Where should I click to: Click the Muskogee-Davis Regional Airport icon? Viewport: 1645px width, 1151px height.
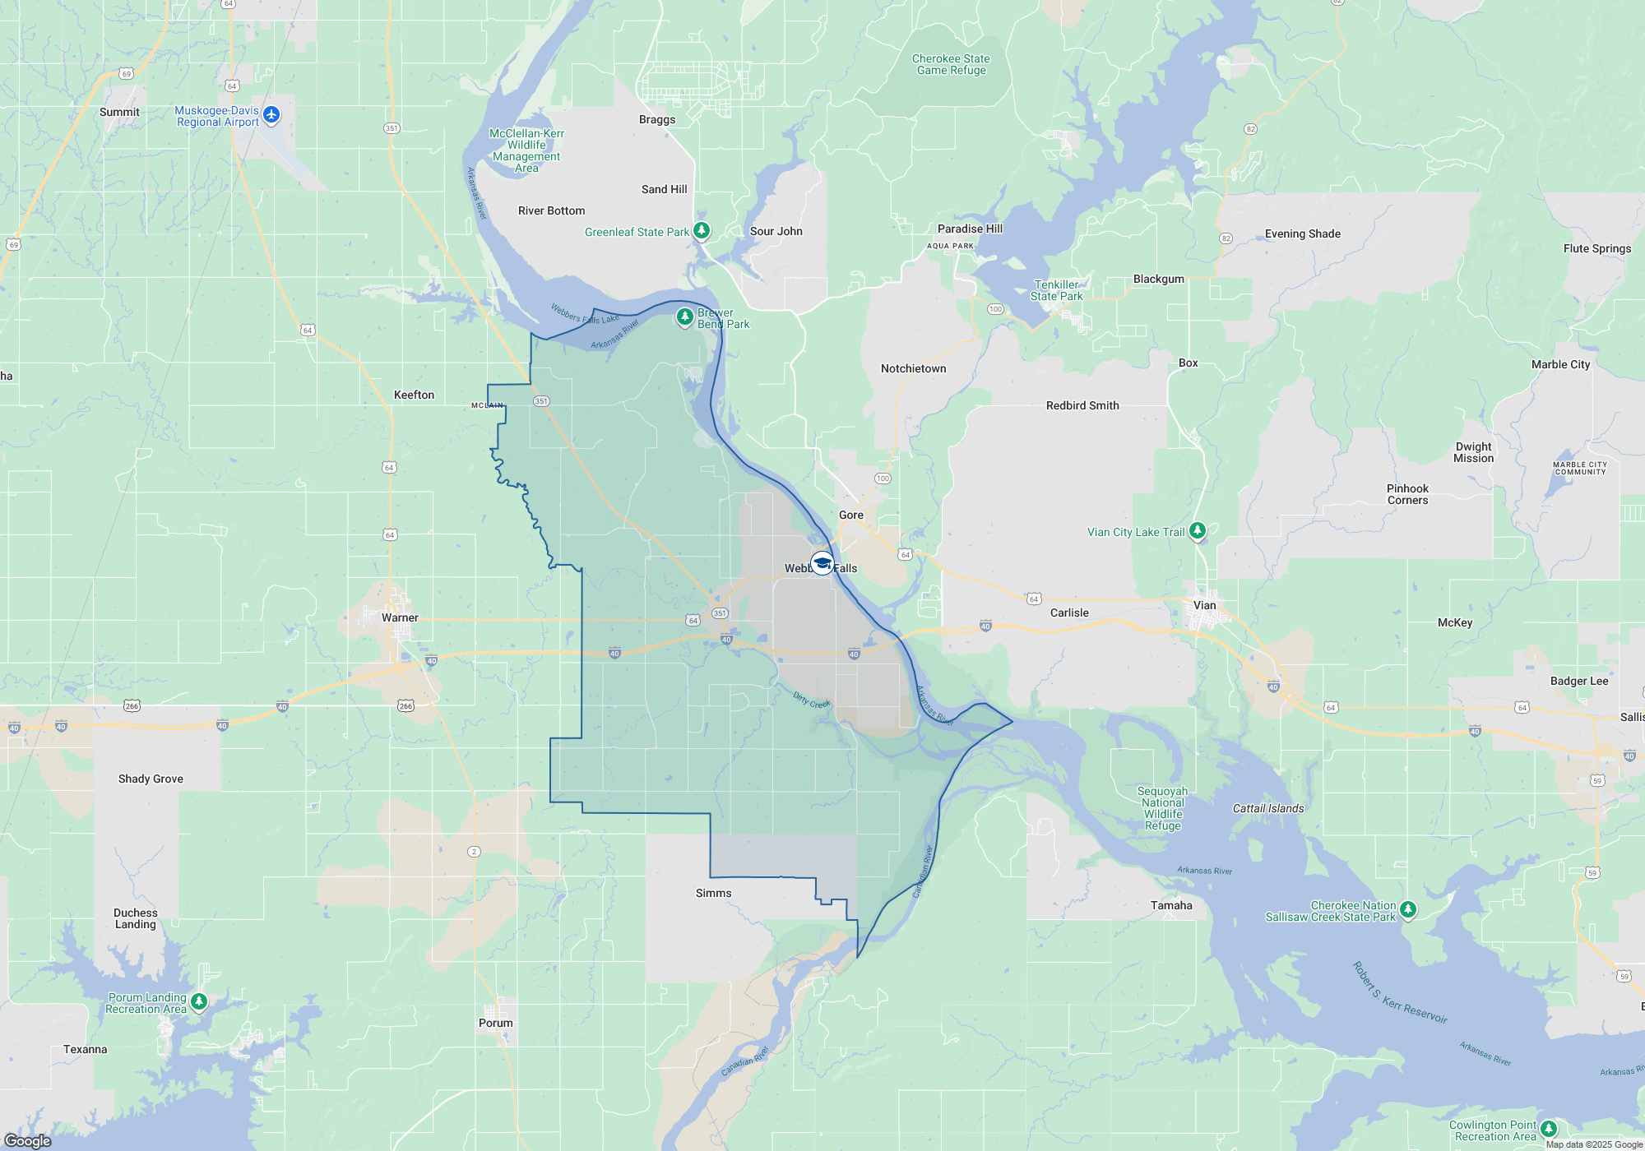click(271, 114)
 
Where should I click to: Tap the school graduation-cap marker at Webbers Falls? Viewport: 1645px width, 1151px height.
click(822, 563)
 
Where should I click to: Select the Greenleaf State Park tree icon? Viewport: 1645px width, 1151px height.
click(702, 230)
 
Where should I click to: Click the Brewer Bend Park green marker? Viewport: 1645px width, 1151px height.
click(684, 317)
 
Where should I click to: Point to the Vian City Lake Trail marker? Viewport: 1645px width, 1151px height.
click(1198, 530)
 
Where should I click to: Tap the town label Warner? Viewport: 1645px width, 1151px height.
click(400, 617)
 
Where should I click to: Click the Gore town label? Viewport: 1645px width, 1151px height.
click(851, 515)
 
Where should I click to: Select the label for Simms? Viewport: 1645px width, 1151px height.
click(713, 893)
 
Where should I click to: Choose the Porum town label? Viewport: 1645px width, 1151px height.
click(495, 1023)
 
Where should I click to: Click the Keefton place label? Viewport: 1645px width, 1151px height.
click(414, 395)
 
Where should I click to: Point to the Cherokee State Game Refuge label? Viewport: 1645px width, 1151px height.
click(951, 64)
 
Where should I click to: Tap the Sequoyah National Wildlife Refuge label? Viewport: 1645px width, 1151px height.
click(1162, 808)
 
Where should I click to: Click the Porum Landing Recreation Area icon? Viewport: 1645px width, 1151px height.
click(198, 1001)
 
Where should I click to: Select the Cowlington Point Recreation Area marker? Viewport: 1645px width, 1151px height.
click(1549, 1129)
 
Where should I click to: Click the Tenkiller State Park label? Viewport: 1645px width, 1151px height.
click(1056, 290)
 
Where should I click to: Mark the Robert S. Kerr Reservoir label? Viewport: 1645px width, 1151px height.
click(1400, 992)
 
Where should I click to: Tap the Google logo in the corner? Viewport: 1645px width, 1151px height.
click(27, 1140)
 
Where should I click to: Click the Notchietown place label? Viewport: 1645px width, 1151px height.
click(913, 368)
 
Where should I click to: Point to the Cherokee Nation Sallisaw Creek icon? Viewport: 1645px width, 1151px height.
click(1408, 909)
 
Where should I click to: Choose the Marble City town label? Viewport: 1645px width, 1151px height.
click(1560, 364)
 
